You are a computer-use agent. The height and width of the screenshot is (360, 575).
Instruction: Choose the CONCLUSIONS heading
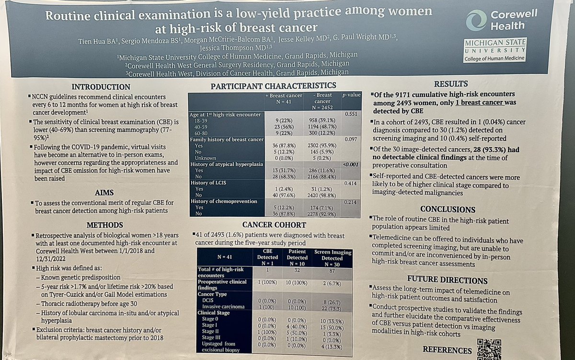coord(448,209)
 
